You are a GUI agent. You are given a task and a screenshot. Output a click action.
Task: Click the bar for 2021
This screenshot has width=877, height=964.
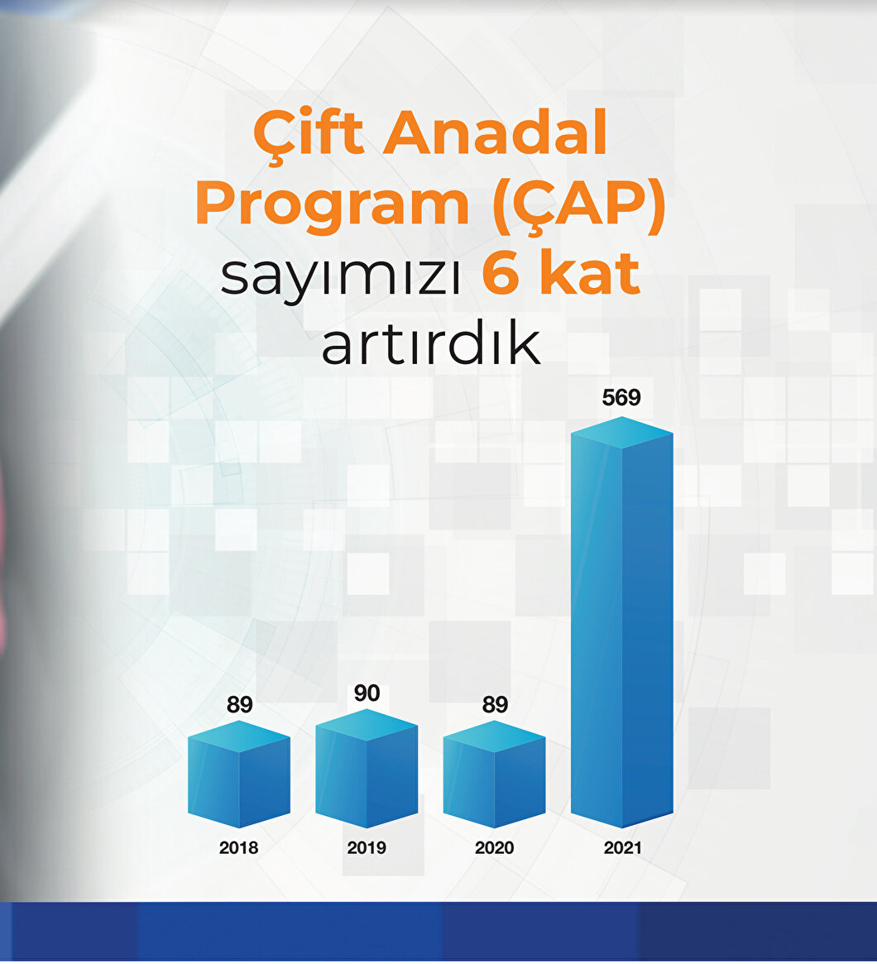click(x=622, y=622)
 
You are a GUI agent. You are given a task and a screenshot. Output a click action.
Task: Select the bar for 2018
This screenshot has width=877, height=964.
click(x=239, y=774)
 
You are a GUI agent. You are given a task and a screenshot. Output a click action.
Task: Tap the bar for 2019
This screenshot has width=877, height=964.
click(x=367, y=769)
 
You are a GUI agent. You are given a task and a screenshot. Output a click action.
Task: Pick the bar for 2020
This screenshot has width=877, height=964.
click(x=494, y=774)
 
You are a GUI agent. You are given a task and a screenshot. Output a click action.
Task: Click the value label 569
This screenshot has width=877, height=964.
click(x=621, y=398)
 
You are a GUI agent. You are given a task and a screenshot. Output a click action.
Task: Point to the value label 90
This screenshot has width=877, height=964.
click(x=367, y=693)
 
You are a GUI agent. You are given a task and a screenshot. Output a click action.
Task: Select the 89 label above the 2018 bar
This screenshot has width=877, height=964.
click(x=239, y=704)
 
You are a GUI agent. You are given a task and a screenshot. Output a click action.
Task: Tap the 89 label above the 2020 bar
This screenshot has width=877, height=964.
click(x=495, y=704)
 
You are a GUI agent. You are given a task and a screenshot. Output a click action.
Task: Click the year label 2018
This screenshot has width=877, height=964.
click(x=238, y=848)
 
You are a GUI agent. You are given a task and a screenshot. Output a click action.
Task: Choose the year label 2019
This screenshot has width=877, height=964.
click(x=367, y=848)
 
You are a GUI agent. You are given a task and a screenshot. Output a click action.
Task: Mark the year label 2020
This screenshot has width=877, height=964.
click(x=494, y=848)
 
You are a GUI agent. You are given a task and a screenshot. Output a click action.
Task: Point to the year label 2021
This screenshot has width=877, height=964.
click(x=622, y=848)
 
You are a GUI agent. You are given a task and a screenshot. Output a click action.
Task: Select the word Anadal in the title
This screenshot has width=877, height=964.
click(x=496, y=132)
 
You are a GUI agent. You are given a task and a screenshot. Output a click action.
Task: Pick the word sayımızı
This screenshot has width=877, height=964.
click(x=341, y=277)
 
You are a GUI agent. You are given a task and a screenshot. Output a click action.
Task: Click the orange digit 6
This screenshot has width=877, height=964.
click(x=501, y=273)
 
